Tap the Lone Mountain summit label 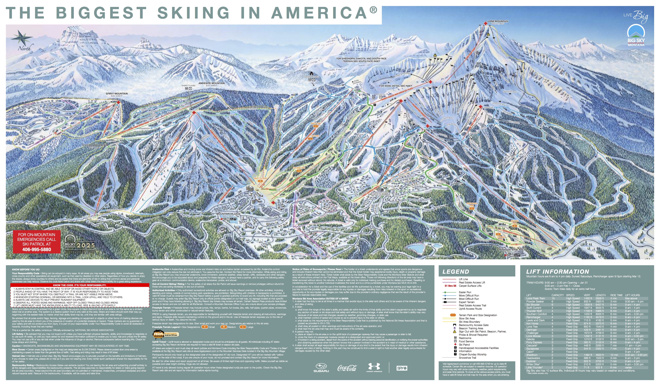pyautogui.click(x=498, y=21)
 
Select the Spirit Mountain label pyautogui.click(x=117, y=93)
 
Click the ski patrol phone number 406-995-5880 pyautogui.click(x=37, y=249)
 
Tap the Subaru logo pyautogui.click(x=321, y=368)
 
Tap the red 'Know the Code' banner pyautogui.click(x=80, y=285)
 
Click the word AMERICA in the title pyautogui.click(x=319, y=13)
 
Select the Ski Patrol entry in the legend pyautogui.click(x=464, y=345)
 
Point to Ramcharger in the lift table pyautogui.click(x=533, y=317)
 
